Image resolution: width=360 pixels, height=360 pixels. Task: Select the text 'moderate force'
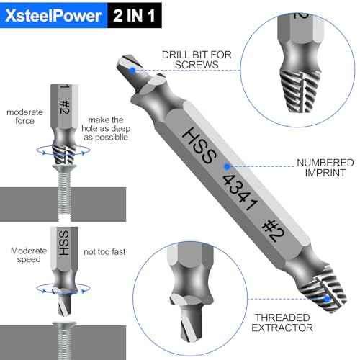[x=25, y=117]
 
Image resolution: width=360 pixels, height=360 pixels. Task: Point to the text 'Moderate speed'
[x=29, y=256]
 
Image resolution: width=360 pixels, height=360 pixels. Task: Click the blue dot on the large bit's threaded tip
[x=325, y=297]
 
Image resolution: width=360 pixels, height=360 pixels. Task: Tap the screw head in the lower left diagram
[x=63, y=328]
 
